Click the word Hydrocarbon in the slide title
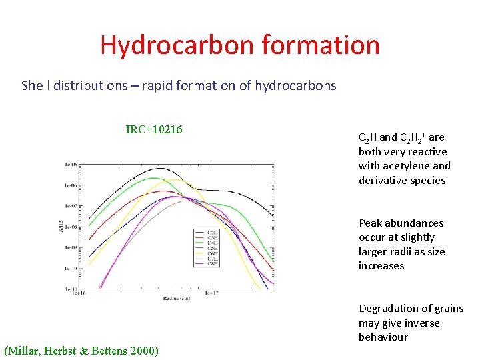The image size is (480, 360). click(177, 45)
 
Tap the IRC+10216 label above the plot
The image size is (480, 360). click(154, 129)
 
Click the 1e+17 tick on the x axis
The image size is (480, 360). click(211, 293)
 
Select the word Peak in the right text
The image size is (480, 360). click(371, 223)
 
